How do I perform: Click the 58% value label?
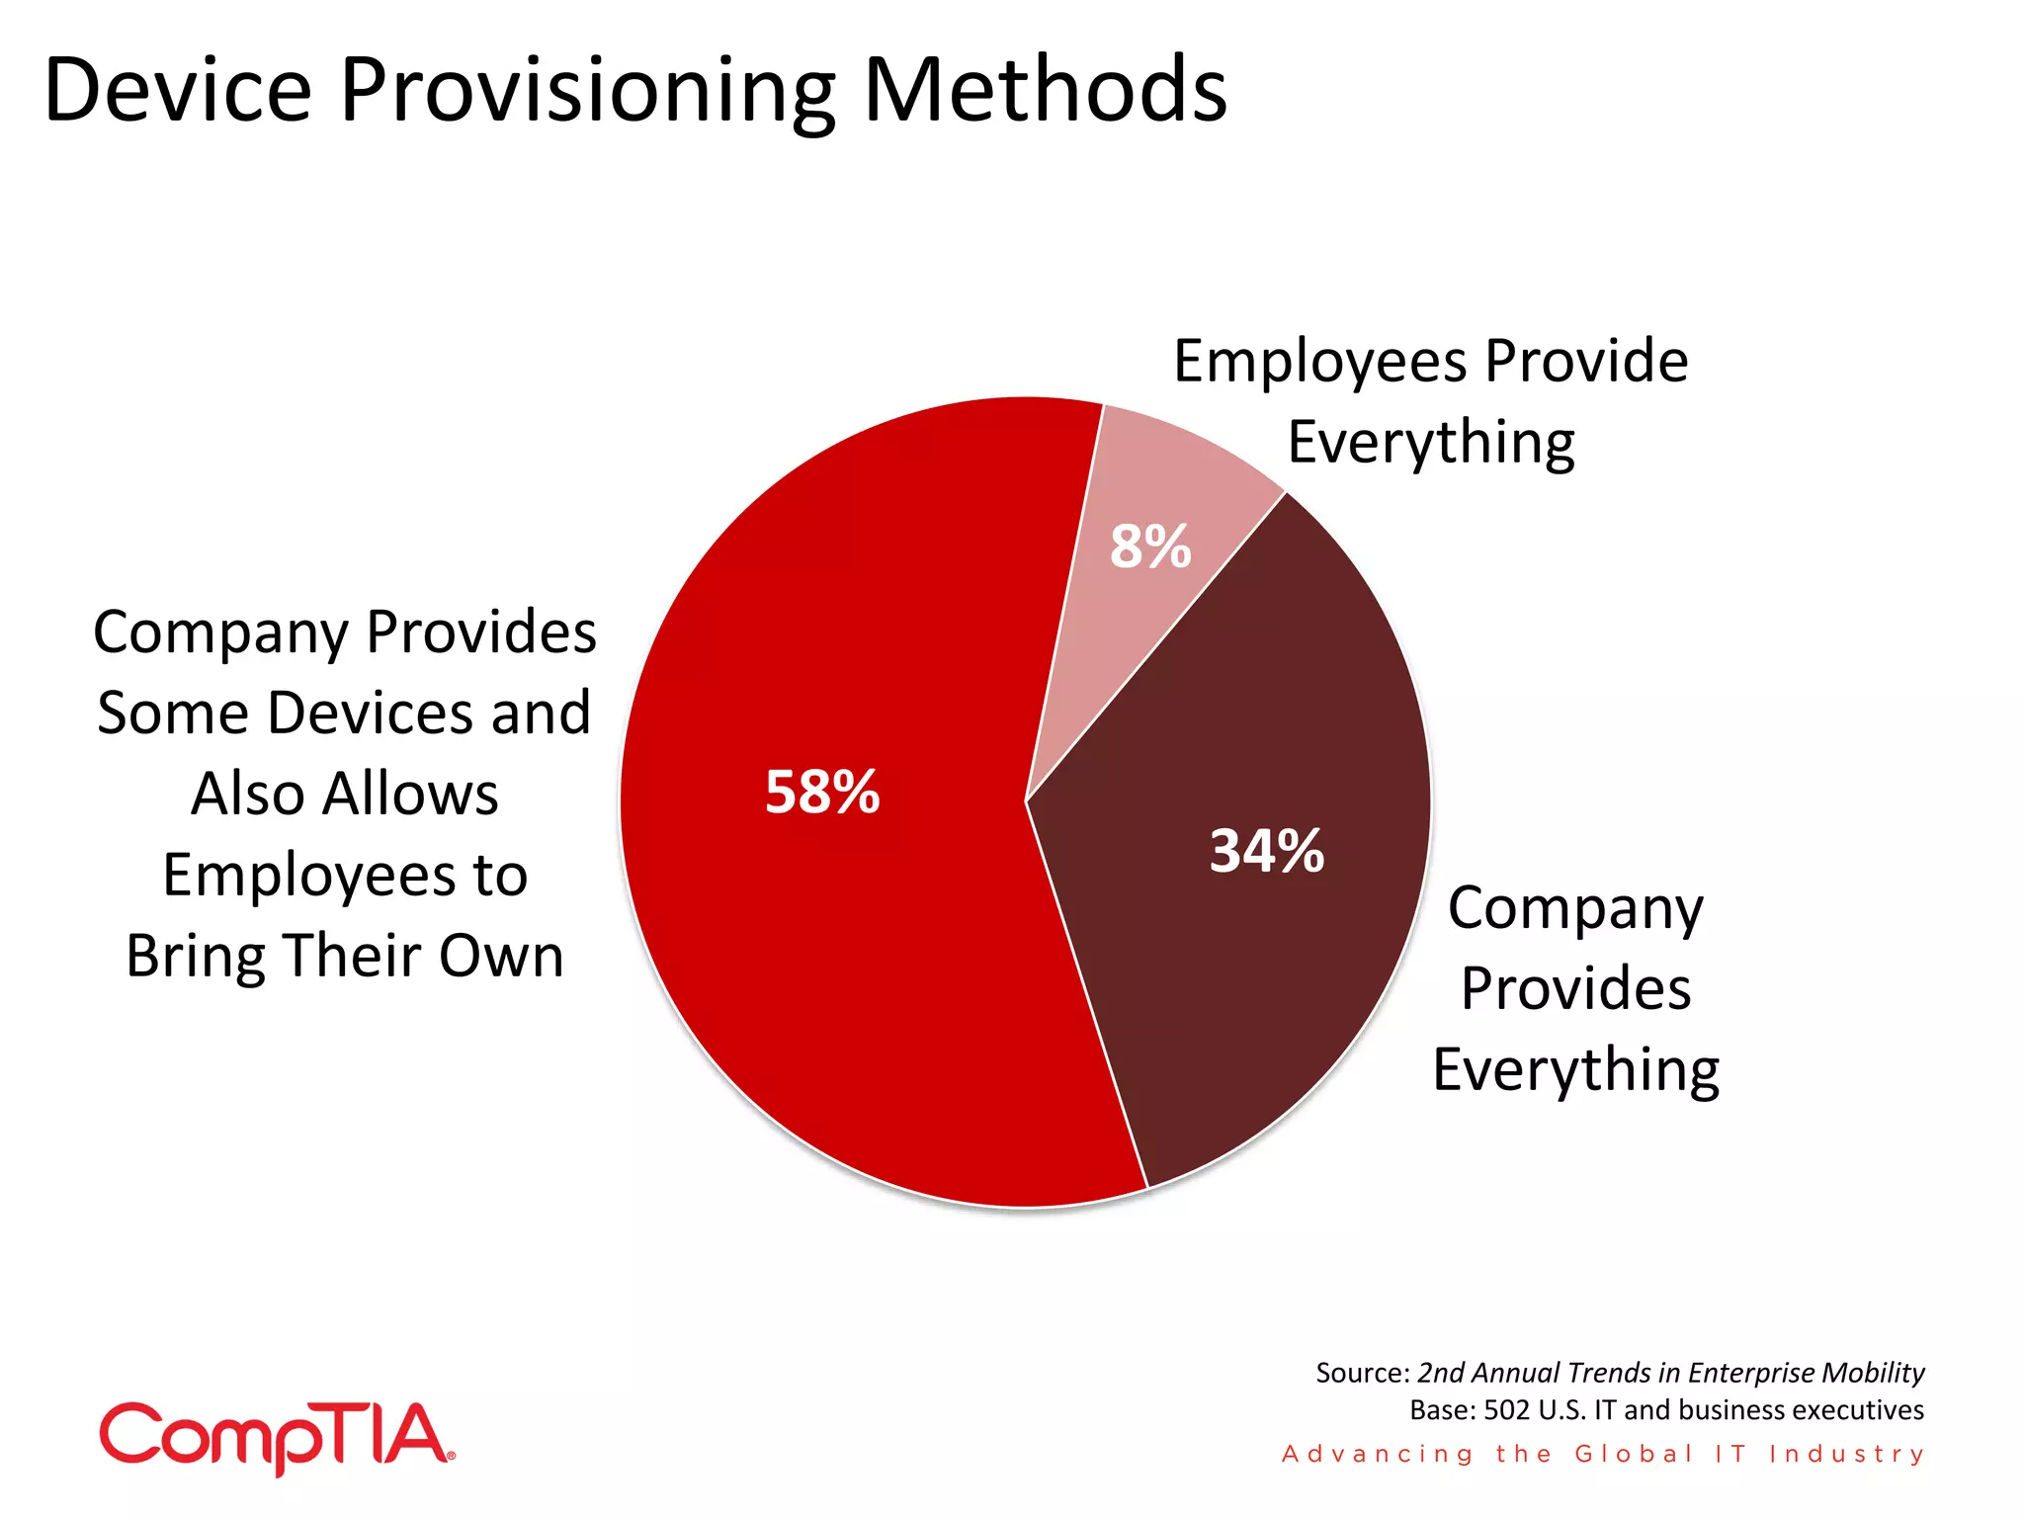coord(822,793)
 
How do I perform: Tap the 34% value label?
coord(1266,851)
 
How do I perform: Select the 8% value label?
coord(1149,547)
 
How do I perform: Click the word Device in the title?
coord(179,90)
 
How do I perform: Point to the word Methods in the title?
coord(1045,90)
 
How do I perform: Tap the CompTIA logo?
coord(277,1437)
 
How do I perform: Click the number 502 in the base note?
coord(1508,1410)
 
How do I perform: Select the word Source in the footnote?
coord(1360,1373)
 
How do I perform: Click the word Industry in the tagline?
coord(1846,1454)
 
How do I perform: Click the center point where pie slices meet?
coord(1026,801)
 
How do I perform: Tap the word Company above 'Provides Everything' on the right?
coord(1575,909)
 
